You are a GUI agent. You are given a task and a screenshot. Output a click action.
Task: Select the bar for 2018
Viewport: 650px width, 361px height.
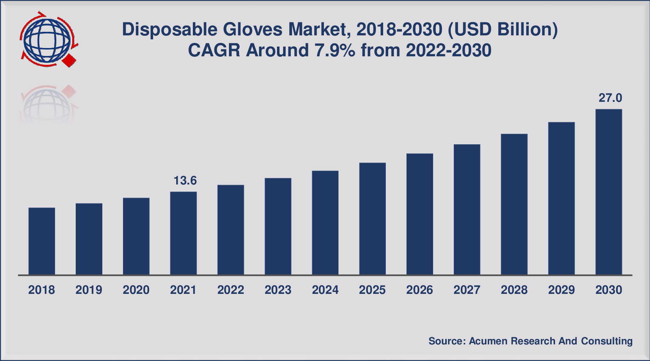(42, 241)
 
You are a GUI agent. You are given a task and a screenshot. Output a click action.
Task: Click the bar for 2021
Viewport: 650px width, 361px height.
(183, 233)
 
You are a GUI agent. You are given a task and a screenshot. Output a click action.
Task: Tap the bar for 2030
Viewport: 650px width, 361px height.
(608, 192)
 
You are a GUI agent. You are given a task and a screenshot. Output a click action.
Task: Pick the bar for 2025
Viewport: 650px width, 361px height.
(372, 219)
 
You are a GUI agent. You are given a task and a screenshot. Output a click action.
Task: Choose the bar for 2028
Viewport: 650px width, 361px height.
(514, 204)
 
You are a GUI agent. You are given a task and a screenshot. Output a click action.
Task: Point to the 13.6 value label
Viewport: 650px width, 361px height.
(185, 180)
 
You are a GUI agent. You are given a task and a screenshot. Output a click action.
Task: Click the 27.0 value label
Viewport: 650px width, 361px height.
(610, 98)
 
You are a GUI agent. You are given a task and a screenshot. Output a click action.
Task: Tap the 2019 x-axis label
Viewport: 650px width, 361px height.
(89, 290)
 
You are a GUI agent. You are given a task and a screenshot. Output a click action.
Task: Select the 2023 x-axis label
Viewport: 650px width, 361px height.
(278, 290)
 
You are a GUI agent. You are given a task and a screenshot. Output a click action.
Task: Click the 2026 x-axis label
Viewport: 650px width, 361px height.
(420, 290)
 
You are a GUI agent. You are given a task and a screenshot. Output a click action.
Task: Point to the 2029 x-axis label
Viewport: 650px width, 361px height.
(561, 290)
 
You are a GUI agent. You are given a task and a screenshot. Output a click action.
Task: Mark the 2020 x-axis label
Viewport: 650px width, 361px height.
(136, 290)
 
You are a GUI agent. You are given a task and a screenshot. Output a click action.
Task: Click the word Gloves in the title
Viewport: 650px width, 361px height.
(252, 30)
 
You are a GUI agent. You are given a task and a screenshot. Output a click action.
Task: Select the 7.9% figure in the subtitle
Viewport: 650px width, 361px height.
(335, 50)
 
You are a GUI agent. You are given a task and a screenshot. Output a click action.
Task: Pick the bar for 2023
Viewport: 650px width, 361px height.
(278, 226)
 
